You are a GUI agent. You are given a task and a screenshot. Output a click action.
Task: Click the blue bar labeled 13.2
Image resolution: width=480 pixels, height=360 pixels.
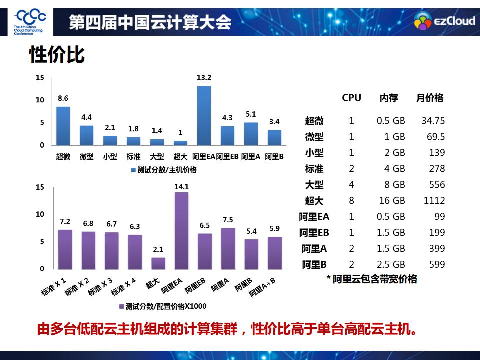tap(204, 115)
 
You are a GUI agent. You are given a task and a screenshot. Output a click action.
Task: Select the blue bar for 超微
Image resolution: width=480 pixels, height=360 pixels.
tap(63, 126)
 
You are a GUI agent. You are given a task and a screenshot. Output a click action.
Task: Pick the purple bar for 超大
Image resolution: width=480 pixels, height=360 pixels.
tap(158, 263)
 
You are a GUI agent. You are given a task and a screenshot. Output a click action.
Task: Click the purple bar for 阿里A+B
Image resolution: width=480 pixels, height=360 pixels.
tap(275, 253)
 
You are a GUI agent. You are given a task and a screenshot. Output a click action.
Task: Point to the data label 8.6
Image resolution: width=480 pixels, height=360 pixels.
tap(63, 98)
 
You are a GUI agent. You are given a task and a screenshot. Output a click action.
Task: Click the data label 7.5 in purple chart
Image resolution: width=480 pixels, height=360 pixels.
tap(228, 220)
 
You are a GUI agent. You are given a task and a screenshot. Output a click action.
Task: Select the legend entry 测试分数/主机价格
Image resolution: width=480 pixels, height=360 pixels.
tap(164, 170)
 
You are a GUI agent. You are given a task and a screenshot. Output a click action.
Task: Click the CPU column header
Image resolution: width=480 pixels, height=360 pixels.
tap(351, 98)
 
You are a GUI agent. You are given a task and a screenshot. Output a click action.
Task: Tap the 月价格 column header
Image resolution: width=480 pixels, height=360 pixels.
tap(430, 98)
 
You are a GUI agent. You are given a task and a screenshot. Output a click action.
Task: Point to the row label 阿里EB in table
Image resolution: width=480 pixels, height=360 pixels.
tap(314, 233)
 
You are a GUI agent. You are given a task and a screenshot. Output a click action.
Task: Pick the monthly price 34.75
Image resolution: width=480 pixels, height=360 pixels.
tap(433, 121)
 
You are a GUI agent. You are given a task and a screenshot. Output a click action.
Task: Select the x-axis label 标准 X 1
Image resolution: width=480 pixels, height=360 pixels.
tap(55, 288)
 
